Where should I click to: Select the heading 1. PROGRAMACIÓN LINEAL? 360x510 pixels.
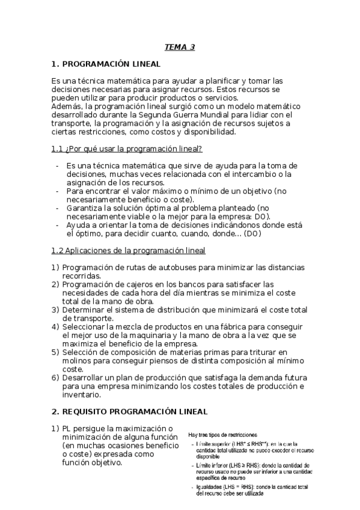[x=106, y=64]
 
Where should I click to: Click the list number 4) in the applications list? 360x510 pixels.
[x=55, y=326]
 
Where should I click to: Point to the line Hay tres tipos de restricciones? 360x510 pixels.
[x=223, y=434]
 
